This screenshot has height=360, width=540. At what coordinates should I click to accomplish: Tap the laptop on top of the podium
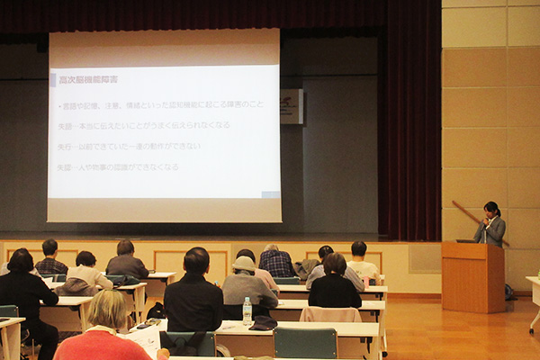[466, 240]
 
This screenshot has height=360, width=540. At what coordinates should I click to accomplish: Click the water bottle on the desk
[247, 310]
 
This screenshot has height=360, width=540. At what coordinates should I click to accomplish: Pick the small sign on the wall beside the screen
[291, 105]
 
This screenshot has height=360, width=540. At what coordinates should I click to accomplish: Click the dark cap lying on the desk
[263, 323]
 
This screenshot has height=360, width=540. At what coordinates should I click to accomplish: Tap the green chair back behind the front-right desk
[305, 343]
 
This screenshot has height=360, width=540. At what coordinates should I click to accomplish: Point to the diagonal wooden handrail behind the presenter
[468, 216]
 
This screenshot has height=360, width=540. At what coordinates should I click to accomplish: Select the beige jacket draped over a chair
[330, 314]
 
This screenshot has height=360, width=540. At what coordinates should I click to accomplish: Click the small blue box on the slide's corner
[270, 193]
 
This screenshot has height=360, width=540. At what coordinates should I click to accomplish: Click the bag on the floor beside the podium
[510, 292]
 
